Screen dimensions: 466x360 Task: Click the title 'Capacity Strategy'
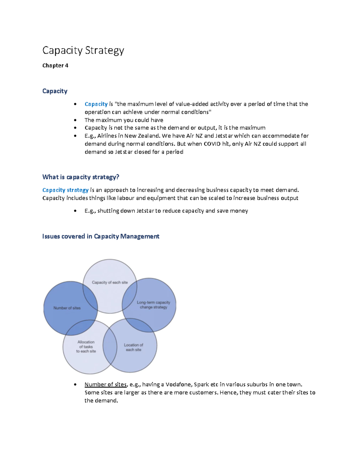[83, 50]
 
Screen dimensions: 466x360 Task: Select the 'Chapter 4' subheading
[55, 65]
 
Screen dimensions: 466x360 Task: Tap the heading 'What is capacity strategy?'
[81, 177]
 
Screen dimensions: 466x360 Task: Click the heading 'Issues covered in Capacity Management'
[100, 236]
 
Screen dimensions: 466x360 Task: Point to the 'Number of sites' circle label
[67, 308]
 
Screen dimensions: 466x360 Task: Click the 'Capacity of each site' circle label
[110, 282]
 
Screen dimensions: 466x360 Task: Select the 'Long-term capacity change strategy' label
[154, 305]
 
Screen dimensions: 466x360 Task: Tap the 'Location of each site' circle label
[133, 347]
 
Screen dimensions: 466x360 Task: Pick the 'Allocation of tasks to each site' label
[86, 347]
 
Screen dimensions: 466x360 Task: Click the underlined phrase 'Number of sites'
[106, 384]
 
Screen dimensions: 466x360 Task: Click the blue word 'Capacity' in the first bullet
[96, 104]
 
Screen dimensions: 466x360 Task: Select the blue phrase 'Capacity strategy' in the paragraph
[65, 190]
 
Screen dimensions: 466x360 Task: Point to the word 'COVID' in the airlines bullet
[212, 144]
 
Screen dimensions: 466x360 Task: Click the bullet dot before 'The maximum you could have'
[75, 120]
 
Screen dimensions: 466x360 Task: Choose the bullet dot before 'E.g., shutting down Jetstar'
[75, 211]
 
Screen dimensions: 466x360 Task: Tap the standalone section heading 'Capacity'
[55, 91]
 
